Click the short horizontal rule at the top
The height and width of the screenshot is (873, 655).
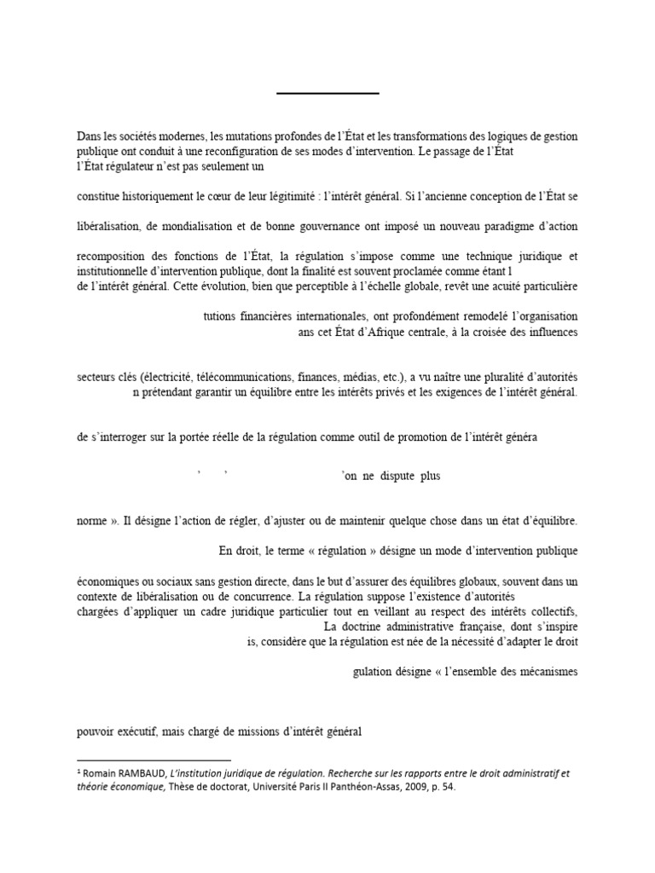[x=327, y=92]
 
